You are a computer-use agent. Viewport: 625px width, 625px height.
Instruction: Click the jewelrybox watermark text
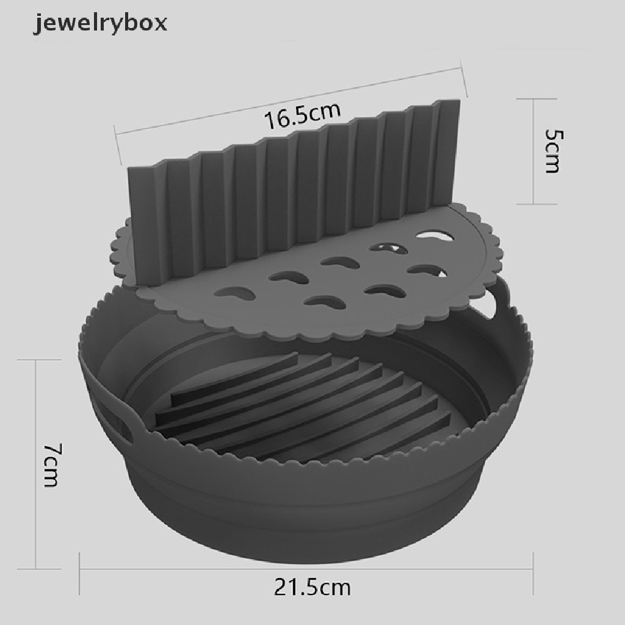click(100, 23)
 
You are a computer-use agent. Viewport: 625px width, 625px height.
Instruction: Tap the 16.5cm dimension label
click(303, 115)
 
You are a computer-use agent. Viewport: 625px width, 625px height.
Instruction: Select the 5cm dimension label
click(553, 150)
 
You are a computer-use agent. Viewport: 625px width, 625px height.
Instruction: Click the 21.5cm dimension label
click(312, 587)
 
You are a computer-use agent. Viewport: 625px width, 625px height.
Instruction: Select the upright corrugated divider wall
click(294, 191)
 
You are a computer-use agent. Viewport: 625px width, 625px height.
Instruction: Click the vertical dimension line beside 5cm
click(533, 151)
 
